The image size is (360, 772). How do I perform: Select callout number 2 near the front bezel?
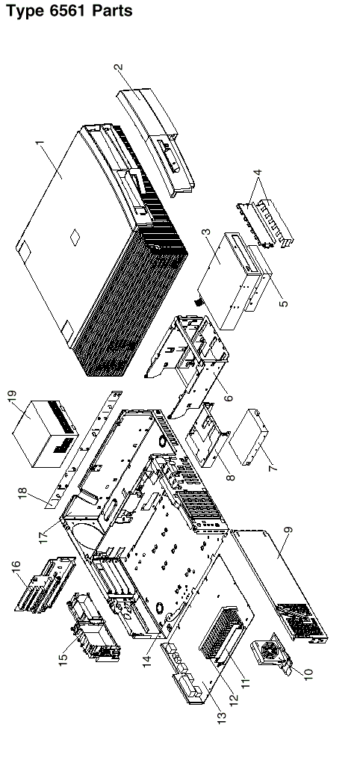pyautogui.click(x=118, y=68)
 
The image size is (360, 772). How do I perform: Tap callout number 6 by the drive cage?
pyautogui.click(x=229, y=397)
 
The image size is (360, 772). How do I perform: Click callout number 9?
pyautogui.click(x=289, y=531)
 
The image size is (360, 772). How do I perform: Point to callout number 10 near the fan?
pyautogui.click(x=308, y=673)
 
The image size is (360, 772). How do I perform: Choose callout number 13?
pyautogui.click(x=223, y=716)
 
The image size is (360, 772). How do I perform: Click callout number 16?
pyautogui.click(x=16, y=569)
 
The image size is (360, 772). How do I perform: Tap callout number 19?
pyautogui.click(x=12, y=397)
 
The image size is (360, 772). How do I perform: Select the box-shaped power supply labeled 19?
pyautogui.click(x=44, y=433)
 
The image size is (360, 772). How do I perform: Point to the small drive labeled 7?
pyautogui.click(x=249, y=436)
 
